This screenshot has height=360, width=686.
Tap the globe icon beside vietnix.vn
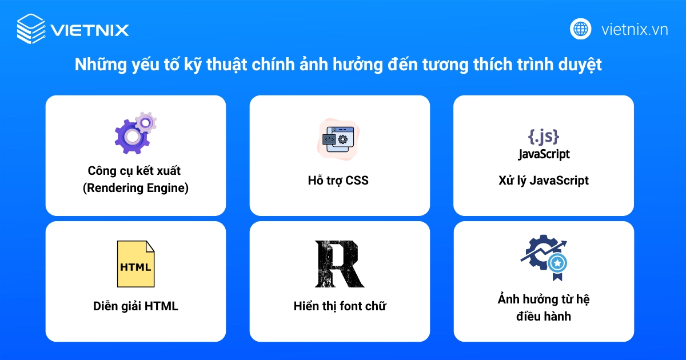click(x=580, y=29)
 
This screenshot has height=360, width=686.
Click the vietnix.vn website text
click(x=635, y=30)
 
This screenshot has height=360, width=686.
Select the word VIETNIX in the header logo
click(x=89, y=30)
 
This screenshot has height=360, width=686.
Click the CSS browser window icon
click(x=340, y=138)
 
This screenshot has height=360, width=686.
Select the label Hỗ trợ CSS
click(x=340, y=181)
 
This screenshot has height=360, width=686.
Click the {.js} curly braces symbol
click(x=543, y=136)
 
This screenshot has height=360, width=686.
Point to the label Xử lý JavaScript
click(x=543, y=181)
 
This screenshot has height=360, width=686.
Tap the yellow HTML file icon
click(x=135, y=264)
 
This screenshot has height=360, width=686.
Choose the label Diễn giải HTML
click(x=135, y=306)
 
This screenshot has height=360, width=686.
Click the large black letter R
click(x=340, y=264)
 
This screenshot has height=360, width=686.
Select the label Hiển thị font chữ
click(x=340, y=306)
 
